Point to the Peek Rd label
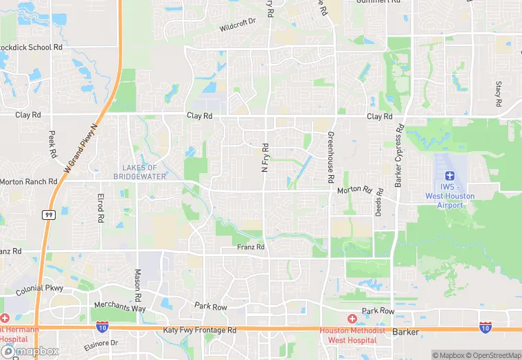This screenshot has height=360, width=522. pyautogui.click(x=52, y=144)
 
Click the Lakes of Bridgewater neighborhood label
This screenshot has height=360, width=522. pyautogui.click(x=139, y=172)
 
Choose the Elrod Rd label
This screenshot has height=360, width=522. pyautogui.click(x=100, y=207)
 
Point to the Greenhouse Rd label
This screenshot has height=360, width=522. pyautogui.click(x=330, y=157)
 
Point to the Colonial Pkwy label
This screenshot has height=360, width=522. pyautogui.click(x=40, y=289)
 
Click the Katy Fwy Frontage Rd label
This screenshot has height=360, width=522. pyautogui.click(x=199, y=330)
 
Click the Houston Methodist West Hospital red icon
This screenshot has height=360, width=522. pyautogui.click(x=352, y=319)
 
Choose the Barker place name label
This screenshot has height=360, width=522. pyautogui.click(x=405, y=332)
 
